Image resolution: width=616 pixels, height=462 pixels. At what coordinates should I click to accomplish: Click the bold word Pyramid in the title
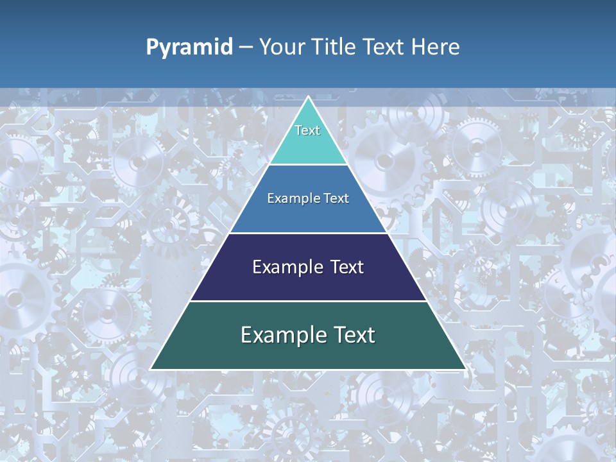189,47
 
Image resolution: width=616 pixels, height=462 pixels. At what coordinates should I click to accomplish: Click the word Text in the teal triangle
307,130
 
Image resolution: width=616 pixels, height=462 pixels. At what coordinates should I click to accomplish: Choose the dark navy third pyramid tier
308,286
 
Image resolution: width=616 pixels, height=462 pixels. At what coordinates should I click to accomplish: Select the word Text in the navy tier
346,267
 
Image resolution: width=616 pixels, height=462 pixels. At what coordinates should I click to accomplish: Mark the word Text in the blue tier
336,199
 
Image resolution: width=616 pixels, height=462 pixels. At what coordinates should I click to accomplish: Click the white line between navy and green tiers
308,301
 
